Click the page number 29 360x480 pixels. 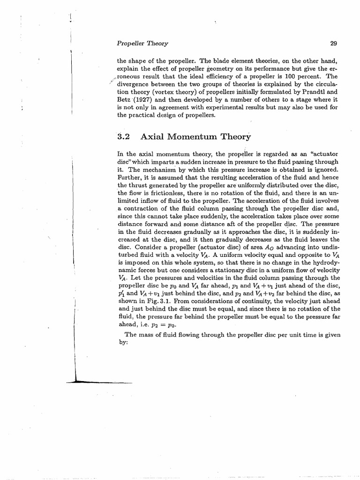pos(334,44)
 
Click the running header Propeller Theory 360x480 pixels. pos(142,44)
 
